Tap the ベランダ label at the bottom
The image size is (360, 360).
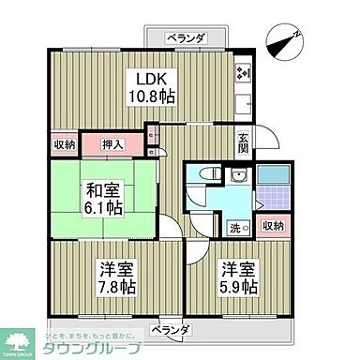point(173,330)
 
